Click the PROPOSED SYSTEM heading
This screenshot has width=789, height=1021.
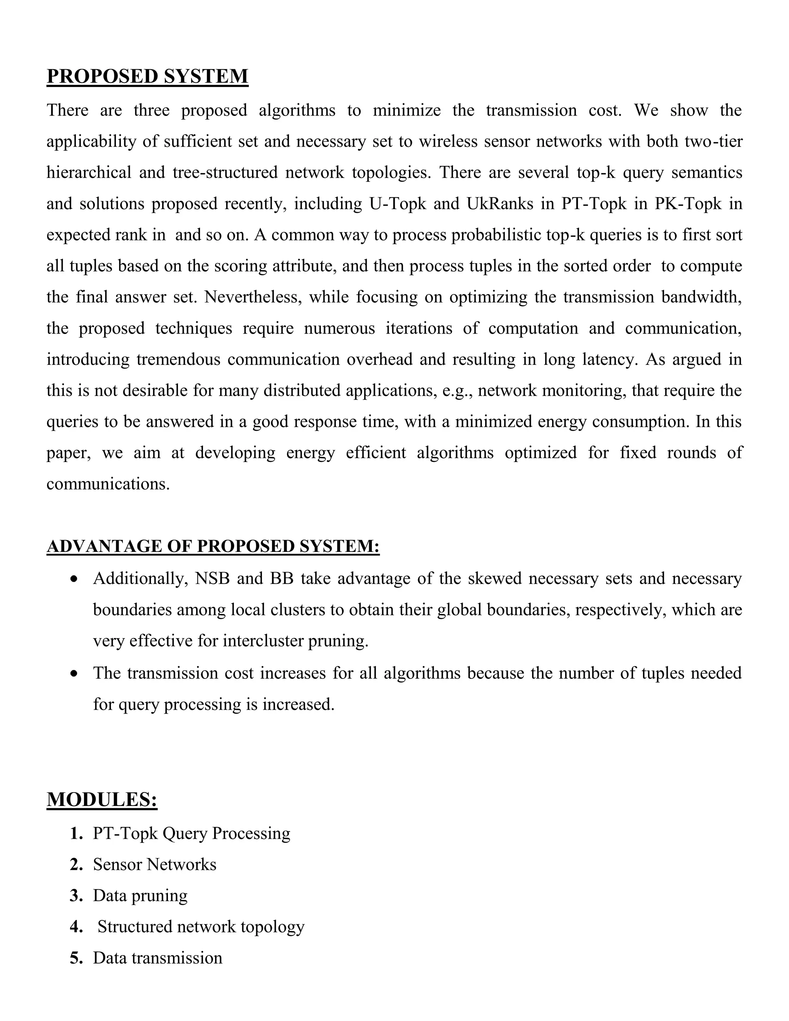click(147, 76)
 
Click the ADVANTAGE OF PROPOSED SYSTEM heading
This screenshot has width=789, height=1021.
click(213, 546)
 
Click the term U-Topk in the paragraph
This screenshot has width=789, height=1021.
click(398, 204)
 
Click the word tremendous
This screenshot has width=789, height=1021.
click(178, 359)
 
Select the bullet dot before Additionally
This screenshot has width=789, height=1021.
click(74, 579)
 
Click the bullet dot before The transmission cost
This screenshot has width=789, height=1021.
click(74, 673)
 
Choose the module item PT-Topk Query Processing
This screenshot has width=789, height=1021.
click(191, 833)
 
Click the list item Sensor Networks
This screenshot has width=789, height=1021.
click(155, 865)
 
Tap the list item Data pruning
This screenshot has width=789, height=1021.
click(140, 895)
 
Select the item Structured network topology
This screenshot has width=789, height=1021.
click(201, 926)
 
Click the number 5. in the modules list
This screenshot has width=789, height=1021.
click(76, 958)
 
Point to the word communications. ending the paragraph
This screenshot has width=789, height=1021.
click(107, 484)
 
